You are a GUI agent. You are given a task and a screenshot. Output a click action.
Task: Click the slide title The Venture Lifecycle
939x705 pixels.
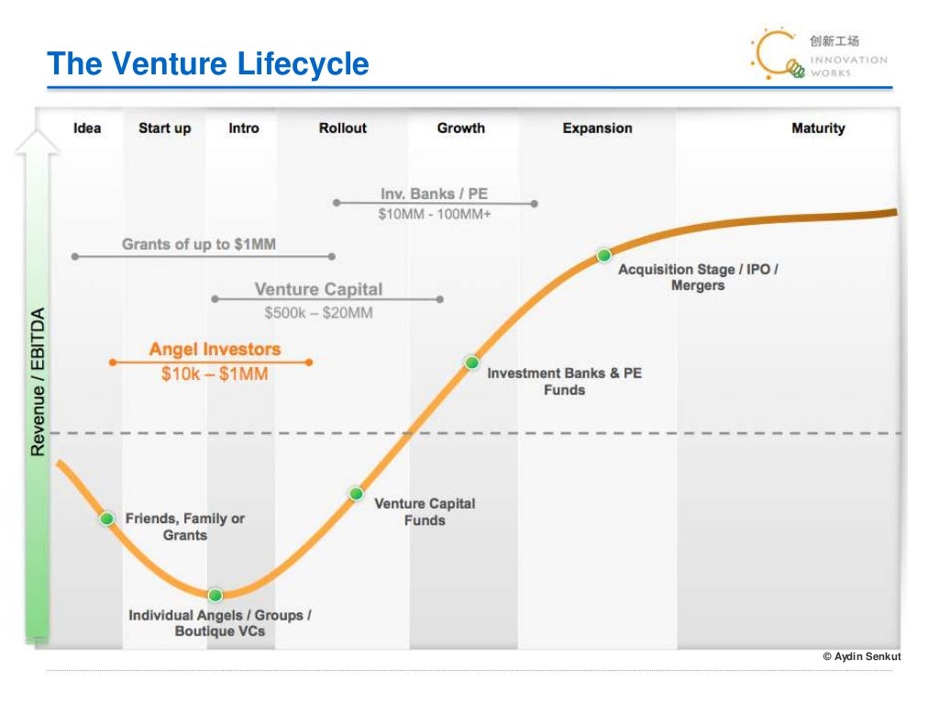(x=208, y=64)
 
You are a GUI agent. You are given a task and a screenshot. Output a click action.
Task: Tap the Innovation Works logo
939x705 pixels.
(x=818, y=53)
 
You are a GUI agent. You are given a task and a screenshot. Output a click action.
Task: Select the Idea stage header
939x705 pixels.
(x=87, y=129)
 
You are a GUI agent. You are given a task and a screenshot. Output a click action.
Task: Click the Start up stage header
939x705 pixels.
(x=164, y=129)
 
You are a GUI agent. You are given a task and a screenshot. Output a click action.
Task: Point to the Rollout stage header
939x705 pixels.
(x=342, y=129)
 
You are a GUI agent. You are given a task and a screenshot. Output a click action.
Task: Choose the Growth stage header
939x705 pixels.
(x=460, y=129)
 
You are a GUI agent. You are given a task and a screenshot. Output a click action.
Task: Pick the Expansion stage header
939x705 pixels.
(x=597, y=129)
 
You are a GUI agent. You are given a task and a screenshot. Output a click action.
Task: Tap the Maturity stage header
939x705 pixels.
(x=818, y=129)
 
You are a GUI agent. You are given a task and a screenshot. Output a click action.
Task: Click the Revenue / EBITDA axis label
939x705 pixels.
(x=39, y=382)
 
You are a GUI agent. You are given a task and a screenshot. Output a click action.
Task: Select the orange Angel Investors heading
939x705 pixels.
(x=215, y=350)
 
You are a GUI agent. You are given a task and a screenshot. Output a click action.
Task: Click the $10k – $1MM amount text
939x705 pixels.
(x=215, y=375)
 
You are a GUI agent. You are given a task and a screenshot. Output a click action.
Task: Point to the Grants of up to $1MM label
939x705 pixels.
(x=199, y=244)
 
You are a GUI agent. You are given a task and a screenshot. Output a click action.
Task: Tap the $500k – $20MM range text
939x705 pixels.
(x=318, y=313)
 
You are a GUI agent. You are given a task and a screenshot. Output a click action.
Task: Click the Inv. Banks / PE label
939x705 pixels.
(x=434, y=195)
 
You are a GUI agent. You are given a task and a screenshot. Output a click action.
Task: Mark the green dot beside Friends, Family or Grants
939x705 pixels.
(x=106, y=519)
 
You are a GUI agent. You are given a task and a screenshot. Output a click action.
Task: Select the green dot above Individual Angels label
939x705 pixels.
(x=215, y=595)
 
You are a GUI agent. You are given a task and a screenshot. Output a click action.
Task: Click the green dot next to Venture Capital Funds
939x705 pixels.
(x=356, y=494)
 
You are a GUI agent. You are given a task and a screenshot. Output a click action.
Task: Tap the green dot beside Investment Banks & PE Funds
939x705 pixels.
(x=471, y=363)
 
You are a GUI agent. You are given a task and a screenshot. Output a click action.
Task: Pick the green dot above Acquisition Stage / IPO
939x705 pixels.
(x=603, y=255)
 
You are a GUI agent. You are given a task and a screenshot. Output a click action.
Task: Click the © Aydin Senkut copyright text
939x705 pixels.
(x=862, y=656)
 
